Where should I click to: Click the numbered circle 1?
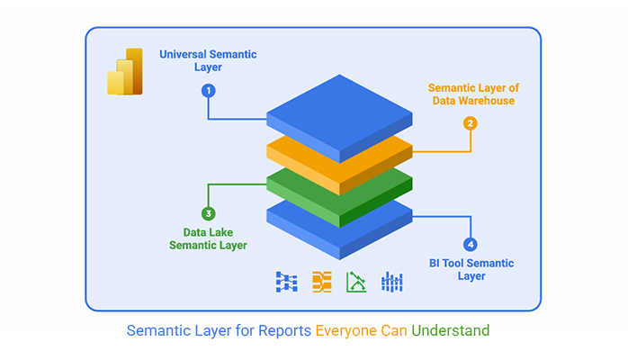coord(208,91)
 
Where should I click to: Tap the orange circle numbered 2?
coord(471,123)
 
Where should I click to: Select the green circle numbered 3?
coord(208,213)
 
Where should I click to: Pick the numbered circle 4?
coord(471,244)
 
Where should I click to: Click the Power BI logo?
coord(125,72)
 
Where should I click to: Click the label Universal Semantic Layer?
coord(208,60)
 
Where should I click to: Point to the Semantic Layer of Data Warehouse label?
coord(473,94)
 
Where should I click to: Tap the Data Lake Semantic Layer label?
coord(208,238)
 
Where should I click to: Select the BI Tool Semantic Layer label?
coord(471,269)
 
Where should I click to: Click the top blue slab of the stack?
coord(339,116)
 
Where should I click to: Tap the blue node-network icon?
coord(287,282)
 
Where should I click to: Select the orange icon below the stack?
coord(322,282)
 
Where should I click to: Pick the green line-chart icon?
coord(356,282)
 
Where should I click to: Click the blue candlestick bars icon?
coord(391,282)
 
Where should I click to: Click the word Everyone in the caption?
coord(346,331)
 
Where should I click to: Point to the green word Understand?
coord(451,331)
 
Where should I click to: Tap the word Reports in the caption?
coord(284,331)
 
